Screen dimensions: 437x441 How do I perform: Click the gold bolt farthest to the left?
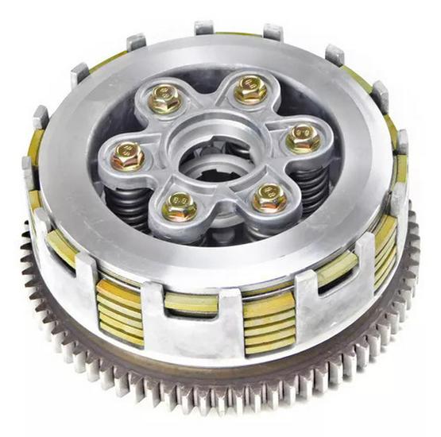click(x=128, y=156)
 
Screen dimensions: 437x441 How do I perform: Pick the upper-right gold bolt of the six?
click(x=250, y=90)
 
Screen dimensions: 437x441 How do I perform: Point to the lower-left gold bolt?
click(x=180, y=207)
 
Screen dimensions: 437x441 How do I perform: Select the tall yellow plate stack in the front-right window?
click(x=268, y=322)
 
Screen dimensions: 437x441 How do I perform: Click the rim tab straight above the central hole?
click(x=205, y=29)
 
